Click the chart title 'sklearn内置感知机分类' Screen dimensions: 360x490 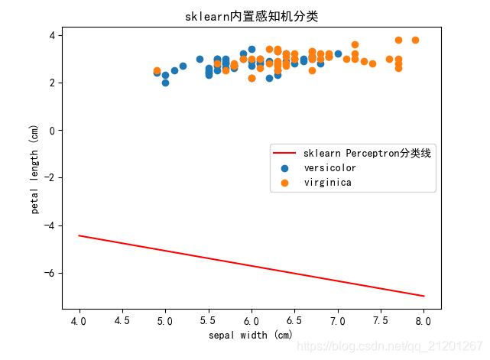coord(251,16)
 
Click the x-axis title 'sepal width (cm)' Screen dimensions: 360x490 coord(251,336)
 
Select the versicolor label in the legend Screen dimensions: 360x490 coord(329,167)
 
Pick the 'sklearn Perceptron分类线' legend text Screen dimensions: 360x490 coord(367,153)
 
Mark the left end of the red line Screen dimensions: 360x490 coord(80,235)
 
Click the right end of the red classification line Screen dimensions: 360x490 coord(423,296)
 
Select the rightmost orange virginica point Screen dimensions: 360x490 coord(415,40)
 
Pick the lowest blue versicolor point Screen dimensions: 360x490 coord(165,83)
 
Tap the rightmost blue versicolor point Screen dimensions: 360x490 coord(338,54)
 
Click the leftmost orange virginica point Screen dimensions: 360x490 coord(157,70)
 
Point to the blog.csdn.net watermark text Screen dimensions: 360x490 coord(414,346)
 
